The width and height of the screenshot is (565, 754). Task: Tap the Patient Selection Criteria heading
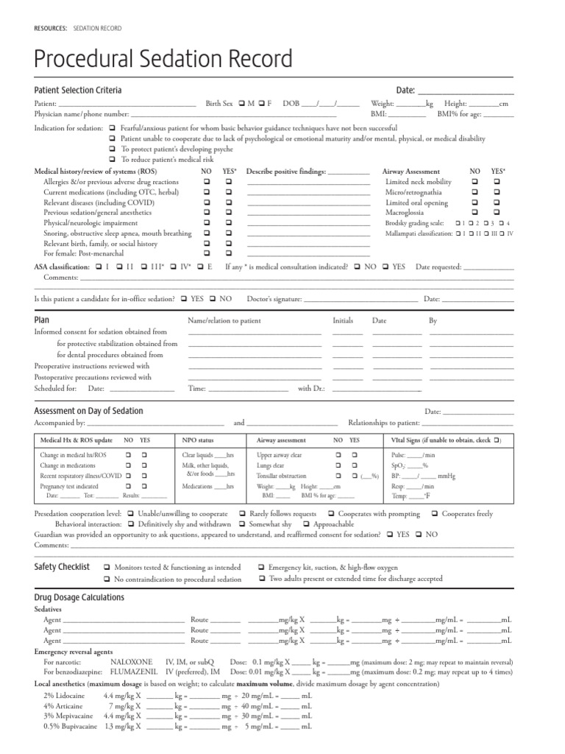point(78,90)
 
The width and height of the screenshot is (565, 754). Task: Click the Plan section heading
point(42,320)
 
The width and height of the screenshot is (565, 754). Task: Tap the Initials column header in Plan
point(343,321)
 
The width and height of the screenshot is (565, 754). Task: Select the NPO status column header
point(198,440)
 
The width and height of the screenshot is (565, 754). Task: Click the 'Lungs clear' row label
point(270,466)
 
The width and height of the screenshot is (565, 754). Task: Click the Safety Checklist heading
point(62,567)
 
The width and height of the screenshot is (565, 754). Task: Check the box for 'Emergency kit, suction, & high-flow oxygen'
point(262,568)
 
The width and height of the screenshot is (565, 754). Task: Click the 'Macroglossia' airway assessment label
point(406,212)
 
